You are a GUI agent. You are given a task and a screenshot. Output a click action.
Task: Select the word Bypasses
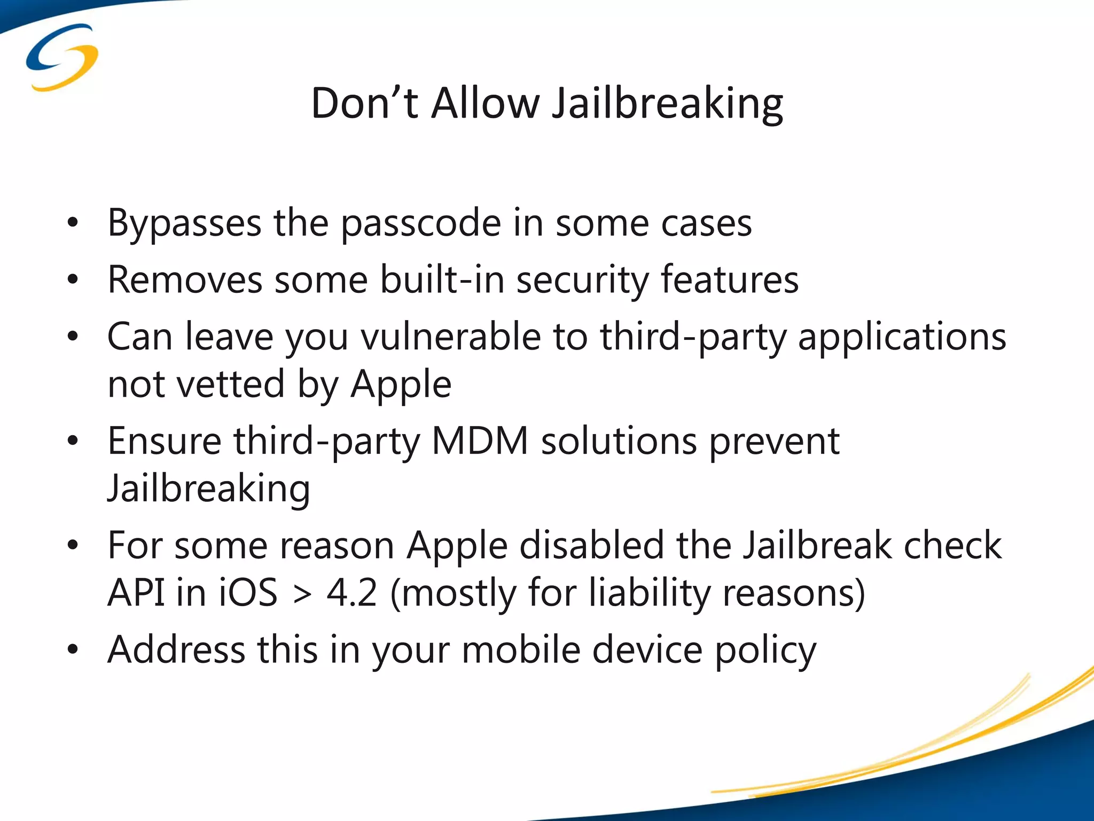(x=184, y=223)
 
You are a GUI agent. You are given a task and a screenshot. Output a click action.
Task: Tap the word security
(x=582, y=281)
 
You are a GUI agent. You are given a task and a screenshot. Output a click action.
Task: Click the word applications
(x=902, y=338)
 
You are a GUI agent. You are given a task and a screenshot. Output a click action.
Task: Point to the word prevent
(x=774, y=442)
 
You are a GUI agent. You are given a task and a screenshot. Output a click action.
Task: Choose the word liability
(x=649, y=593)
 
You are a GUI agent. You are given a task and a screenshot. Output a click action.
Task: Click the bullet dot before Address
(x=73, y=649)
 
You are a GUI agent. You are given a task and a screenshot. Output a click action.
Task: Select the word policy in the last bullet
(x=765, y=650)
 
